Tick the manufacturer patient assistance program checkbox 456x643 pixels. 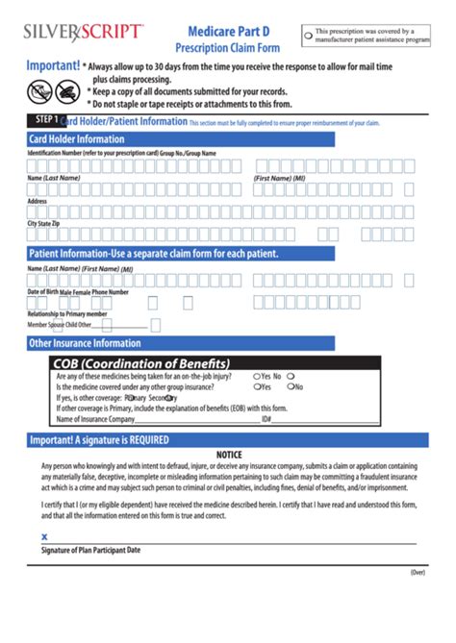coord(308,37)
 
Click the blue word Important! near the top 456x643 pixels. coord(52,66)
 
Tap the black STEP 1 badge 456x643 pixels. coord(42,121)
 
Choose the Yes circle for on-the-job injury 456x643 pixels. coord(257,377)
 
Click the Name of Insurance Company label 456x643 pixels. coord(95,419)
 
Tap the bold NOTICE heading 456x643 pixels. coord(228,455)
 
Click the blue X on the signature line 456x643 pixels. coord(44,537)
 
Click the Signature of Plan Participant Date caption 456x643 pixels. coord(91,550)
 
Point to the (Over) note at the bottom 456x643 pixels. coord(417,571)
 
